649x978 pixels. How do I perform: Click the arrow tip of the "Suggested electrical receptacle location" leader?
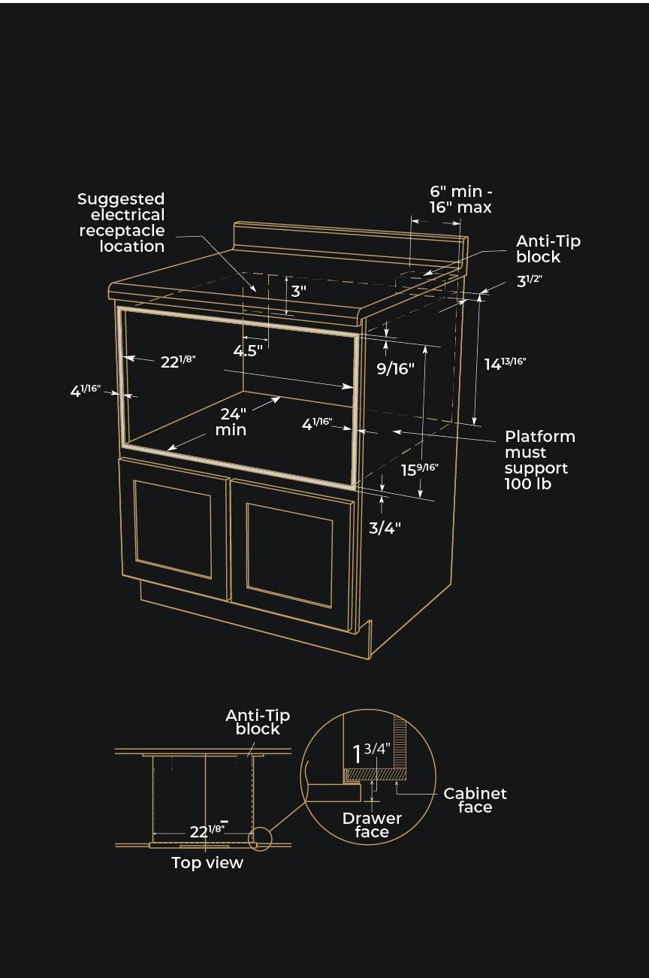point(256,292)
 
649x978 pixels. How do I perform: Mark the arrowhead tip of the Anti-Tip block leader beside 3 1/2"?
point(423,275)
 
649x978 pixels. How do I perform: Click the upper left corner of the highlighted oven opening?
point(118,307)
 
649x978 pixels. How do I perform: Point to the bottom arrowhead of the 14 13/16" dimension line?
point(475,425)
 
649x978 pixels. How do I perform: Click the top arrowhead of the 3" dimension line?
point(286,277)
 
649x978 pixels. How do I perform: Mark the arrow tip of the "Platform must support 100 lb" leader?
point(393,431)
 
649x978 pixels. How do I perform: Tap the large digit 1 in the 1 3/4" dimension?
point(358,755)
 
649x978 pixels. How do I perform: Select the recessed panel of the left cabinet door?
point(173,529)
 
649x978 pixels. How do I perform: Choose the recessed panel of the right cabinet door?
point(290,556)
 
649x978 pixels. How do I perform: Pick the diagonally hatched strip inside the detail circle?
point(376,775)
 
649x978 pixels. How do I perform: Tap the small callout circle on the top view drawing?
point(260,838)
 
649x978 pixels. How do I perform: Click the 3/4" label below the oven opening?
point(385,528)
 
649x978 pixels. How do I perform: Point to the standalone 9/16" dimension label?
point(395,369)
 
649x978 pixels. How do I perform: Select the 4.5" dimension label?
point(248,350)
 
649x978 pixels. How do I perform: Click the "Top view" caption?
point(207,863)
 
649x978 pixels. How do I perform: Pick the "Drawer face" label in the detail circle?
point(372,825)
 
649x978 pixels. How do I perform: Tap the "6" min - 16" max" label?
point(460,199)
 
